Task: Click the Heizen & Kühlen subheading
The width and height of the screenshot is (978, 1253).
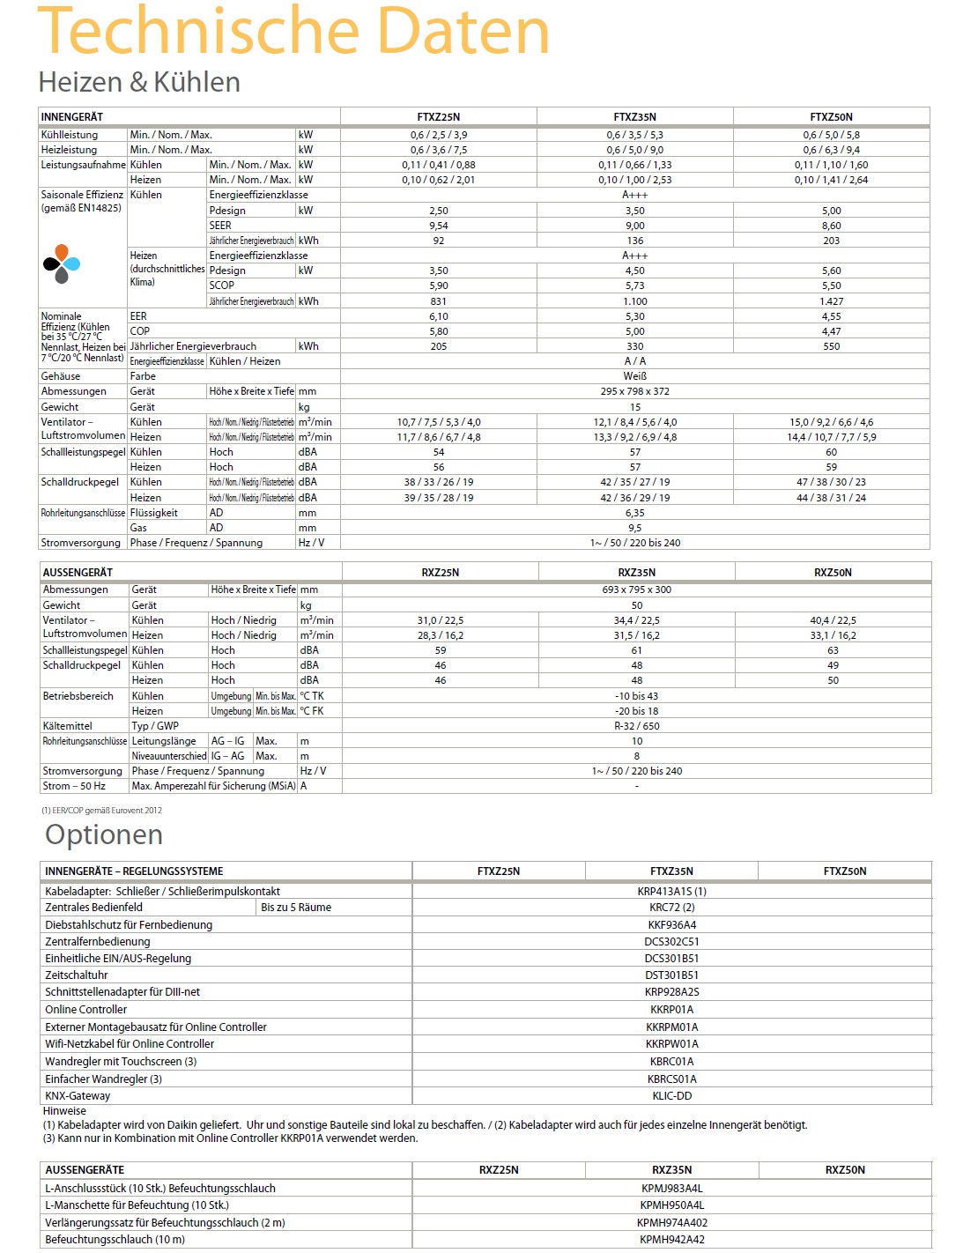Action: point(139,82)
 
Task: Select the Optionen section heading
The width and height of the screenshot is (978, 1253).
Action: point(104,834)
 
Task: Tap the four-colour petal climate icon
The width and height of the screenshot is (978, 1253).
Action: point(61,263)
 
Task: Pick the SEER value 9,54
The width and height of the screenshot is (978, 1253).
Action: point(438,226)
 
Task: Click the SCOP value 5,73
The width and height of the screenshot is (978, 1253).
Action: point(634,285)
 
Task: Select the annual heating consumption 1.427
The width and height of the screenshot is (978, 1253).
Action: point(831,301)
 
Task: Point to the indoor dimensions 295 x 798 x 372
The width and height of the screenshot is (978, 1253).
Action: point(634,391)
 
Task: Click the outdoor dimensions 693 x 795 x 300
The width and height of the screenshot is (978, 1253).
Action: point(636,589)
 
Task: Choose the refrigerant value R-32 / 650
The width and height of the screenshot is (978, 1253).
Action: point(636,726)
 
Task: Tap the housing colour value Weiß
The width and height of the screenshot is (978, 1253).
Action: point(634,376)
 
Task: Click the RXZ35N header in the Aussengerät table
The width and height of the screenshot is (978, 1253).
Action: point(636,573)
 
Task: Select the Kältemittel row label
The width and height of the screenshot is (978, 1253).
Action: point(68,726)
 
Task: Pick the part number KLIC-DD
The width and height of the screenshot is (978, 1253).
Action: point(671,1096)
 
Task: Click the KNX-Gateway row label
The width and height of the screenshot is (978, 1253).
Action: point(78,1096)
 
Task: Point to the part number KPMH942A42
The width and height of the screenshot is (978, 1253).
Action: point(671,1240)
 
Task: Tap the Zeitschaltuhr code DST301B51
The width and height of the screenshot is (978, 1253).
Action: point(671,975)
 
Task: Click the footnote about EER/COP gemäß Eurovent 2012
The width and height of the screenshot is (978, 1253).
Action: point(101,810)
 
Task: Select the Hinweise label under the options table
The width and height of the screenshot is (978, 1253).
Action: point(64,1111)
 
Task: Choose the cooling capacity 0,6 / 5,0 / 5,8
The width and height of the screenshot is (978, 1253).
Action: point(831,135)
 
